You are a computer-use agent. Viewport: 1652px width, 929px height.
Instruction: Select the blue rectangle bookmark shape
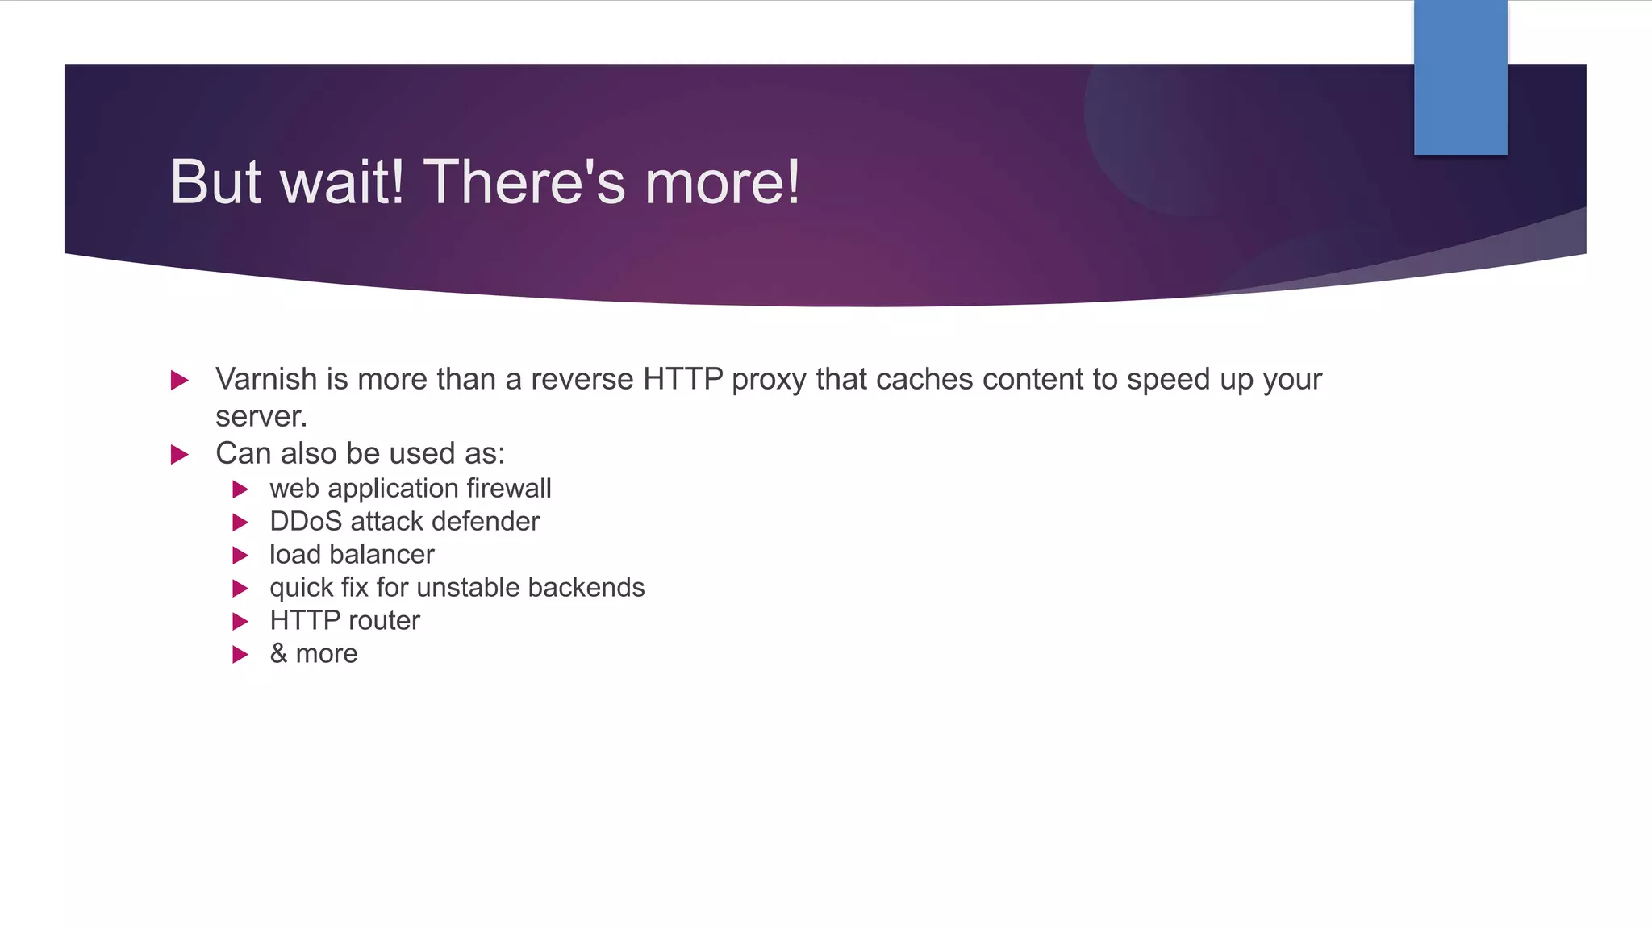(1460, 77)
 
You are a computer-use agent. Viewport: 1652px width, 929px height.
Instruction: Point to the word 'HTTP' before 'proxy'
(682, 379)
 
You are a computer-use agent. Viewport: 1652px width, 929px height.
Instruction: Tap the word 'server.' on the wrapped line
(261, 416)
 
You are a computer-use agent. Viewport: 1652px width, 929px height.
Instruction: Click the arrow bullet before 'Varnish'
(180, 380)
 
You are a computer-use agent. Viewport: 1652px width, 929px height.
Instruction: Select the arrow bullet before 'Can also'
(180, 454)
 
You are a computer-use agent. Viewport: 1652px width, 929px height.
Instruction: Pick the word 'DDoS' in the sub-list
(306, 522)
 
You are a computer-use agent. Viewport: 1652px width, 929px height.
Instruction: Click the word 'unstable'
(468, 588)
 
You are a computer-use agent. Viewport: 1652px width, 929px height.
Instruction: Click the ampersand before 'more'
(278, 654)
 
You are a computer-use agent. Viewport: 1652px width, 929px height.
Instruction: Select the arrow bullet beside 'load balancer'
(240, 556)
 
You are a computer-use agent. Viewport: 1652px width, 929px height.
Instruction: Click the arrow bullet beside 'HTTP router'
(240, 622)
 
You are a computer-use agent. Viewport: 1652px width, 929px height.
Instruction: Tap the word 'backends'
(586, 588)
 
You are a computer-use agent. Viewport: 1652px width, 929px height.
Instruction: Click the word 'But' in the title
(215, 182)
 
